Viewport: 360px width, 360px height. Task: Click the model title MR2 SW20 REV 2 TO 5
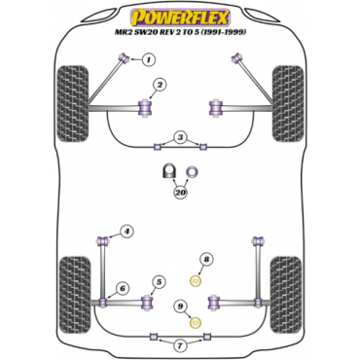point(179,36)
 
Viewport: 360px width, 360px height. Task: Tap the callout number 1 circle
point(150,60)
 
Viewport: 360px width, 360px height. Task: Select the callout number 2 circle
point(161,85)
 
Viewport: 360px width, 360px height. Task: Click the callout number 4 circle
point(126,231)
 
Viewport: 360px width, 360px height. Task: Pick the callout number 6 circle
point(123,288)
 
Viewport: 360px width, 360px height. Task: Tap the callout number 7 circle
point(179,345)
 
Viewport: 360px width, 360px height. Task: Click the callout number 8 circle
point(206,259)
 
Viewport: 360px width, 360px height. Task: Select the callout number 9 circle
point(180,306)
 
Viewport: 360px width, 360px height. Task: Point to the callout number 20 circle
point(181,193)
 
